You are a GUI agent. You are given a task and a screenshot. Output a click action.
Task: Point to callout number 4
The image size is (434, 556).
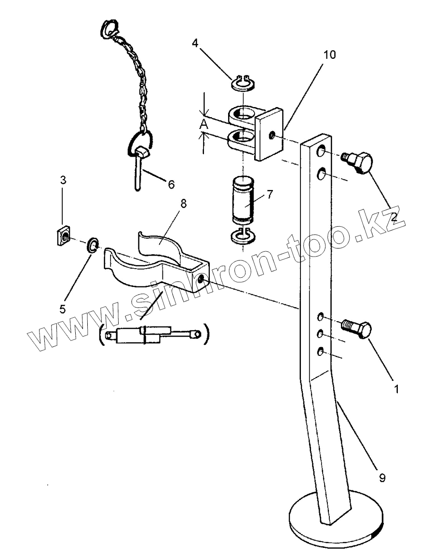195,43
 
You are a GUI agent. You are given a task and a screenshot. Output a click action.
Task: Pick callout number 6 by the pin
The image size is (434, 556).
171,184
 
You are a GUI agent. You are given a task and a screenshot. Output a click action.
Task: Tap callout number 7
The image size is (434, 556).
270,194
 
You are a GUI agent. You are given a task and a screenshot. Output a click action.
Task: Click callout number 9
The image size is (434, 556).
382,478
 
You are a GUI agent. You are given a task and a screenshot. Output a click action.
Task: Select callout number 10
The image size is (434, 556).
329,54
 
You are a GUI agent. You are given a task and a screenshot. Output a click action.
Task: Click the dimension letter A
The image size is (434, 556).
204,124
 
